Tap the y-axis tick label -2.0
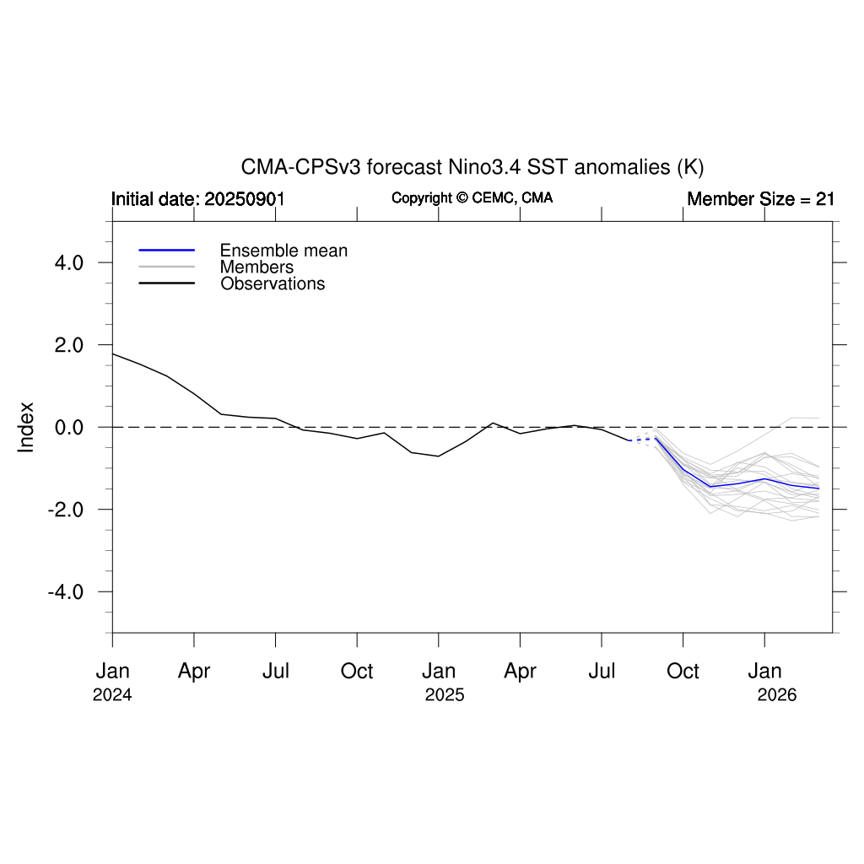click(64, 510)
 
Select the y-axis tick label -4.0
click(64, 591)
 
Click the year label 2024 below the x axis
click(112, 696)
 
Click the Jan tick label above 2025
click(439, 672)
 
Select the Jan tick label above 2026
click(764, 672)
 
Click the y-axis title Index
click(26, 427)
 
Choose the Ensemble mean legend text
click(283, 251)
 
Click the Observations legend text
click(273, 284)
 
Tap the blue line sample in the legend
click(167, 251)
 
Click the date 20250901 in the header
click(245, 200)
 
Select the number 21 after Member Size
click(824, 200)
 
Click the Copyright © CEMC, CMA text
click(472, 198)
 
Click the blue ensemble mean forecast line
click(737, 483)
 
